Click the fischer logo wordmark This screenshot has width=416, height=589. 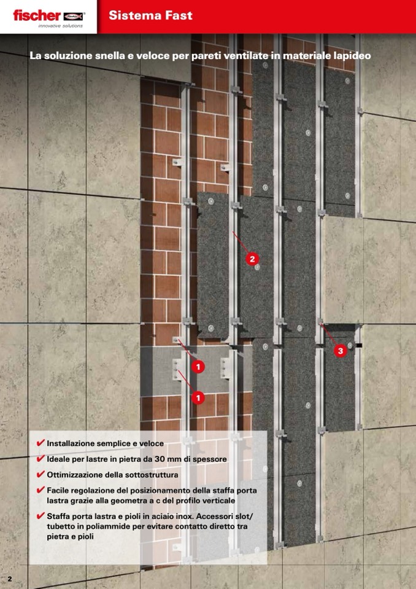pyautogui.click(x=37, y=16)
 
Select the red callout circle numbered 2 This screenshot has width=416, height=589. pyautogui.click(x=252, y=259)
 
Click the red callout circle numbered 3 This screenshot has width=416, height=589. pyautogui.click(x=341, y=351)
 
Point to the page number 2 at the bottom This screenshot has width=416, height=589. pyautogui.click(x=10, y=579)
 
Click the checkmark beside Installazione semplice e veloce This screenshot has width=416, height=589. pyautogui.click(x=41, y=442)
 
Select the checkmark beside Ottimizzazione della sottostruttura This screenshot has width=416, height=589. pyautogui.click(x=41, y=474)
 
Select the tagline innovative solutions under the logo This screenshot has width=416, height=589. pyautogui.click(x=60, y=26)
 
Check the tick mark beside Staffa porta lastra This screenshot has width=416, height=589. pyautogui.click(x=41, y=515)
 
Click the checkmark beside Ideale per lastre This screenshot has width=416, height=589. pyautogui.click(x=41, y=458)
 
